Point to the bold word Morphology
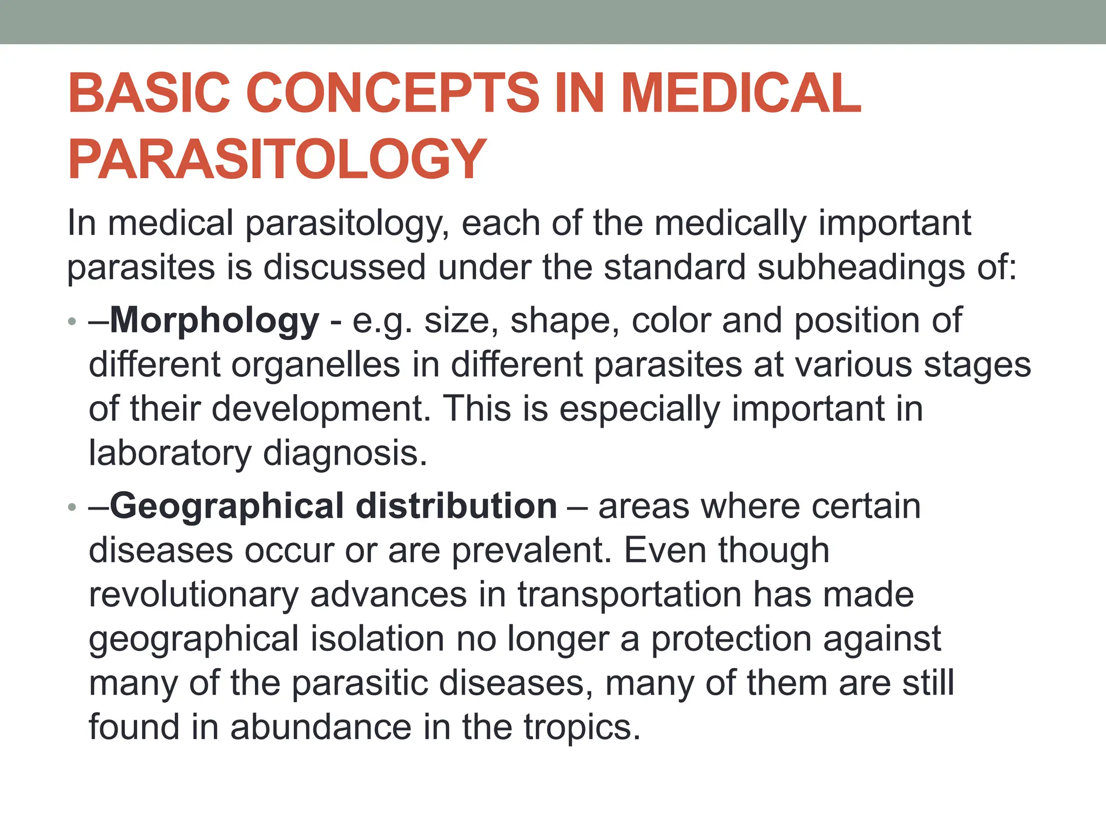(x=214, y=321)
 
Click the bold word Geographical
(x=227, y=507)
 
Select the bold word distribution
(x=456, y=507)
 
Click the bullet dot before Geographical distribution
(x=72, y=508)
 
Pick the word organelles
(x=316, y=365)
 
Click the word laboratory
(x=170, y=453)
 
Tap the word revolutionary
(x=193, y=595)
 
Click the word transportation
(x=629, y=595)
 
